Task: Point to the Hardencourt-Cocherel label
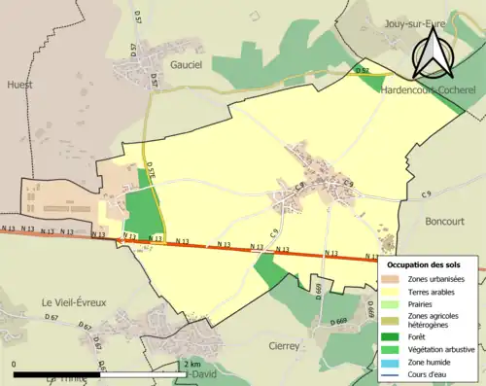[x=426, y=88]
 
